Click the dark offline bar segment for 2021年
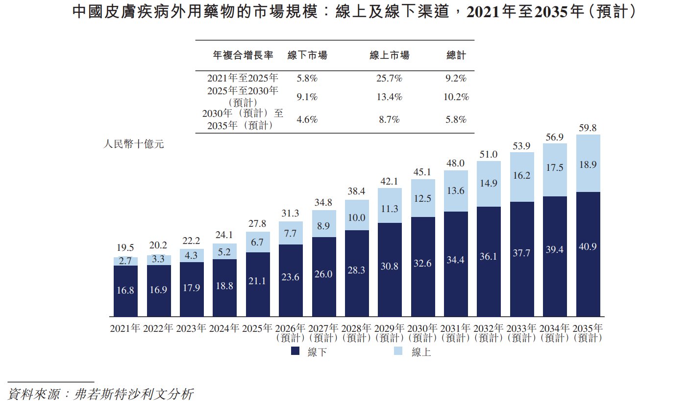click(125, 291)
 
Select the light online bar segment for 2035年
click(588, 163)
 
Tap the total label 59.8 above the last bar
click(588, 128)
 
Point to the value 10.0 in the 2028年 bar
click(356, 217)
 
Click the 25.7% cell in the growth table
click(389, 78)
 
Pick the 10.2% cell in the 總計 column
click(456, 97)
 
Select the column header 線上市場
click(390, 55)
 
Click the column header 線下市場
click(307, 55)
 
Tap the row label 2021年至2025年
click(243, 78)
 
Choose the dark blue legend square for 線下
click(295, 351)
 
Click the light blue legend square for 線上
click(398, 351)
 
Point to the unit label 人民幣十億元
click(133, 144)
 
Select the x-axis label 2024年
click(224, 328)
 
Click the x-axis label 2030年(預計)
click(422, 333)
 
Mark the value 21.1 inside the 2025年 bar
click(257, 281)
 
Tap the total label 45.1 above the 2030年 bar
click(422, 172)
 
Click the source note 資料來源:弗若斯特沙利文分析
click(100, 394)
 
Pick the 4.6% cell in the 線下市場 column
click(307, 120)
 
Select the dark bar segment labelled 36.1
click(489, 262)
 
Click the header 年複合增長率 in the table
click(243, 55)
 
